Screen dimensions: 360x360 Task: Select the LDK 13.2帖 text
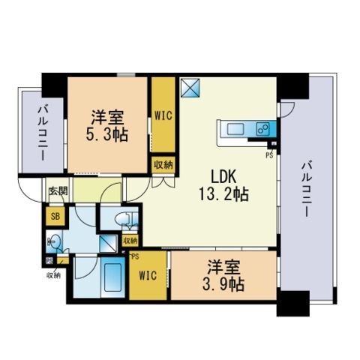[223, 184]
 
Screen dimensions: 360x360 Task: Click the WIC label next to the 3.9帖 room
[148, 275]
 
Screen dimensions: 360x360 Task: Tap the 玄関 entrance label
[58, 190]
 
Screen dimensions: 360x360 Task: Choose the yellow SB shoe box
[55, 217]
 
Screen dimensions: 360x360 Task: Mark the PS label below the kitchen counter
[268, 156]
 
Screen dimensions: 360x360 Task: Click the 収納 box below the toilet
[130, 241]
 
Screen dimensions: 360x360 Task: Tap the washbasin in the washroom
[50, 241]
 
